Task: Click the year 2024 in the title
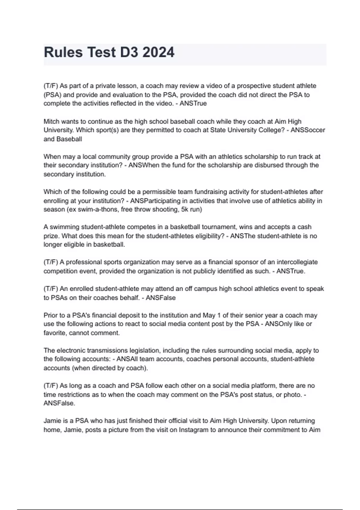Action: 158,52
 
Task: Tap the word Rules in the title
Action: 63,52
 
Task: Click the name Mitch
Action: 51,121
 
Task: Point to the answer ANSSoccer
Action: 308,130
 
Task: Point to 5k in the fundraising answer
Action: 185,209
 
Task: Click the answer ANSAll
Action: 127,359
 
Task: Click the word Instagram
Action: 193,430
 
